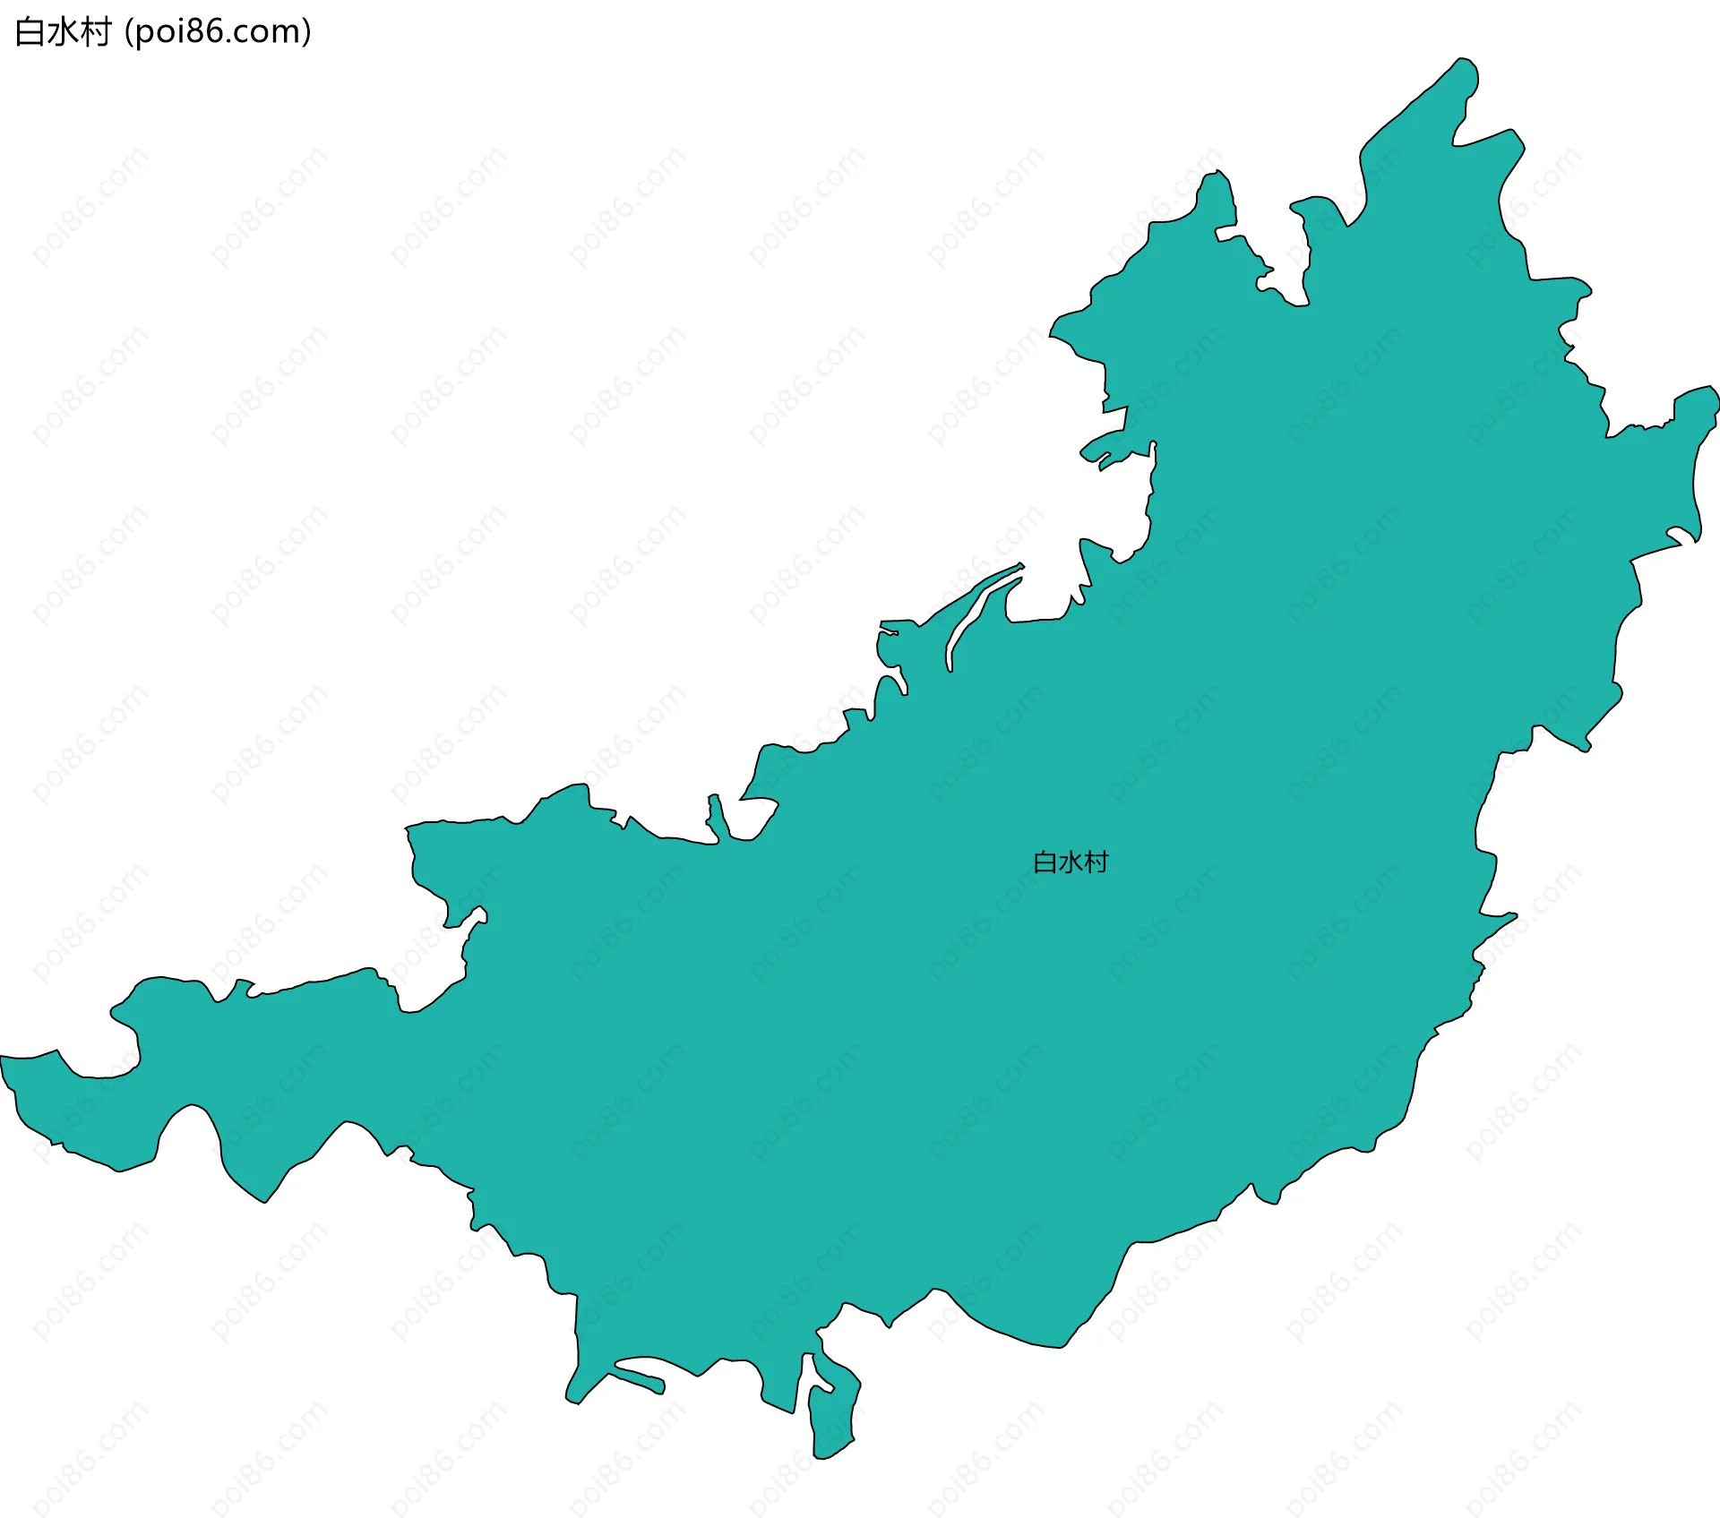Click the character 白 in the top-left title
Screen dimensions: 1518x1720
[30, 32]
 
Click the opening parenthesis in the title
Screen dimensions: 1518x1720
[129, 32]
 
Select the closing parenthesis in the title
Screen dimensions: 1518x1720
[306, 32]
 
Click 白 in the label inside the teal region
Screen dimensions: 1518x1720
[1045, 862]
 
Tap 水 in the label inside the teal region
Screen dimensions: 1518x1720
[1071, 862]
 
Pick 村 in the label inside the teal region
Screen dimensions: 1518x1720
[1096, 862]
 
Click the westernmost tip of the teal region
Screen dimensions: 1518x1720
[3, 1059]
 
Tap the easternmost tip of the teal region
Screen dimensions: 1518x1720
[1716, 394]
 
